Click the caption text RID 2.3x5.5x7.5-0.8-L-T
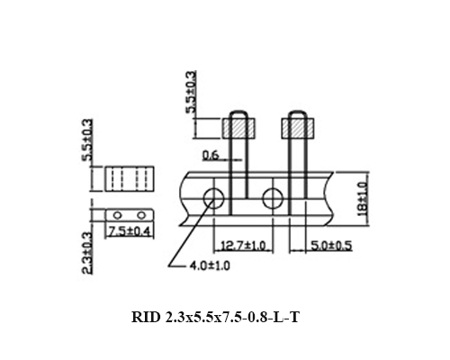[x=221, y=316]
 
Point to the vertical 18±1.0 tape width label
[x=361, y=195]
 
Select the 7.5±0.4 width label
[x=129, y=231]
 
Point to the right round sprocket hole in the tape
[x=273, y=198]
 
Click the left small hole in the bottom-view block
[x=115, y=215]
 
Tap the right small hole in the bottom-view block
[x=139, y=215]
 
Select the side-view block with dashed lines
[x=128, y=178]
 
